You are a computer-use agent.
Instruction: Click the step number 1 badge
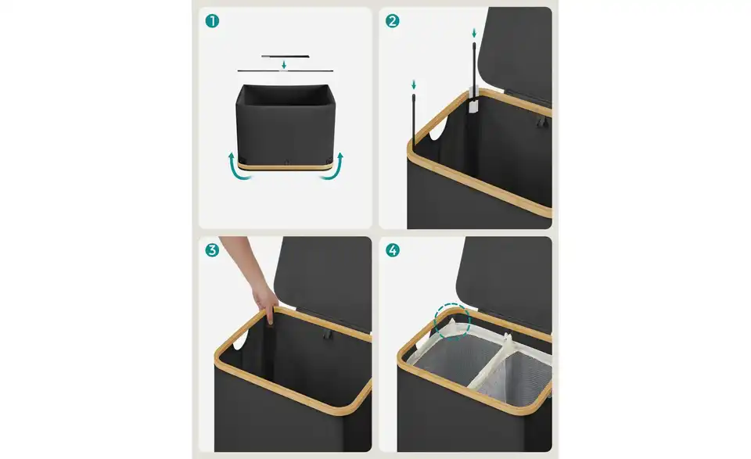pyautogui.click(x=212, y=21)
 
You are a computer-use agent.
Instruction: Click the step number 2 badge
pyautogui.click(x=392, y=21)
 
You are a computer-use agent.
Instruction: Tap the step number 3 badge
pyautogui.click(x=212, y=250)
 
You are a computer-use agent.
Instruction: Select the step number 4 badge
pyautogui.click(x=392, y=250)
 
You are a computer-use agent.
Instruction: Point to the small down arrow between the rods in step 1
pyautogui.click(x=284, y=65)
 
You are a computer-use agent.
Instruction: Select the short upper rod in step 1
pyautogui.click(x=285, y=56)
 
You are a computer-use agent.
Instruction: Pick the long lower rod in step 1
pyautogui.click(x=285, y=71)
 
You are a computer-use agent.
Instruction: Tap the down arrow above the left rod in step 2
pyautogui.click(x=414, y=85)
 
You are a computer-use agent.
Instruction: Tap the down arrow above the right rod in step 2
pyautogui.click(x=474, y=33)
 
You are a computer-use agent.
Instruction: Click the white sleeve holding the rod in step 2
pyautogui.click(x=473, y=102)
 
